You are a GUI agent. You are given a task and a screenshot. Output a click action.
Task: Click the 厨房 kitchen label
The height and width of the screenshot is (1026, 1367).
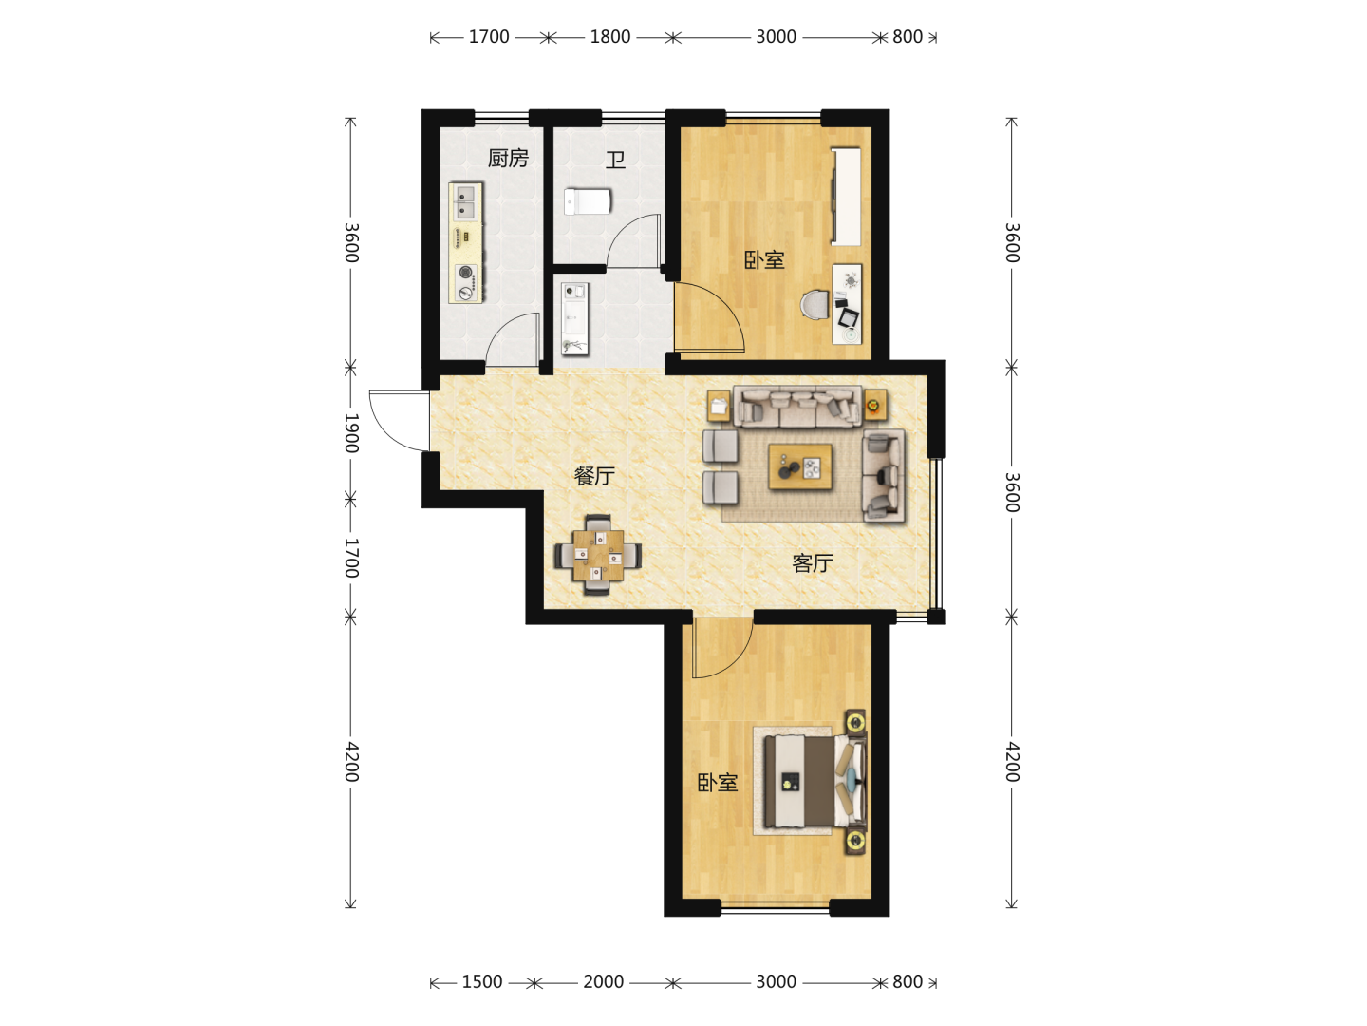[508, 159]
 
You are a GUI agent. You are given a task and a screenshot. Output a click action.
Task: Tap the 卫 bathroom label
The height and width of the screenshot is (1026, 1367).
[615, 161]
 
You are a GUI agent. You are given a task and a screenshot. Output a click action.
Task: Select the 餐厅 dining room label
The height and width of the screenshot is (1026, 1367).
[594, 476]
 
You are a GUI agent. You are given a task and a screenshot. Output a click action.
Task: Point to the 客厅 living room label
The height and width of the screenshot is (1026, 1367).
[812, 563]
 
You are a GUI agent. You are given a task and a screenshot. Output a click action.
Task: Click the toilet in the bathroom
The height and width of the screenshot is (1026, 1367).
[588, 201]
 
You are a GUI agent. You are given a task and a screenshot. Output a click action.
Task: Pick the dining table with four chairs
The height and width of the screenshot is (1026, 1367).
[598, 555]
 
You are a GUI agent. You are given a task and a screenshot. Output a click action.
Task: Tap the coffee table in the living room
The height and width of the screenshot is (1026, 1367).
[800, 466]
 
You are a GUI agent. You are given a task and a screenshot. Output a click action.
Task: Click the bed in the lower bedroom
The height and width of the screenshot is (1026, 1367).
[815, 781]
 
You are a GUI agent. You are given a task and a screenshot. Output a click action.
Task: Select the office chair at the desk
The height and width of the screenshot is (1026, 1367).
[815, 305]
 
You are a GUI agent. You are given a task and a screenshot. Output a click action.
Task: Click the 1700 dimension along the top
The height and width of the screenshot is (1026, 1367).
[489, 37]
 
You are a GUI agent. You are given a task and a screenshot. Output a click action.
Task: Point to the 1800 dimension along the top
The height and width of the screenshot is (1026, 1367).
[610, 37]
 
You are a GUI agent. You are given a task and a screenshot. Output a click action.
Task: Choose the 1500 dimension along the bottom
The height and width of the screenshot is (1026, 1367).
[482, 981]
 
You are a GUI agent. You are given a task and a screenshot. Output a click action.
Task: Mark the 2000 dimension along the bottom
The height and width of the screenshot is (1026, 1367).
[603, 981]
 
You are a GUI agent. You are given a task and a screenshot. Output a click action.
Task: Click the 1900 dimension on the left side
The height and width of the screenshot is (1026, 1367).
[351, 432]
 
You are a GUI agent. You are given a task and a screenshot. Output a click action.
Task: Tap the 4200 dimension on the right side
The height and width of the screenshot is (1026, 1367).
[1012, 762]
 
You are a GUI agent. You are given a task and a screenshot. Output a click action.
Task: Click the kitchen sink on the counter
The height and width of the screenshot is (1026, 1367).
[466, 201]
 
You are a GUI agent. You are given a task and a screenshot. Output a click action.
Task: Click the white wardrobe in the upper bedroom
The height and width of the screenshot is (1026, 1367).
[847, 197]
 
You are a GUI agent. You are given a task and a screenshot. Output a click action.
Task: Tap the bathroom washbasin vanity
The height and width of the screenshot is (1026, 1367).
[575, 319]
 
